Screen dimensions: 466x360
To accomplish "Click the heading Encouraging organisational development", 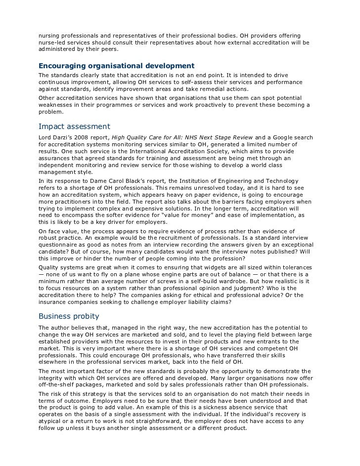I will [116, 66].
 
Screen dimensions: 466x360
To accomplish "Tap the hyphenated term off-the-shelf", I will [56, 385].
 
